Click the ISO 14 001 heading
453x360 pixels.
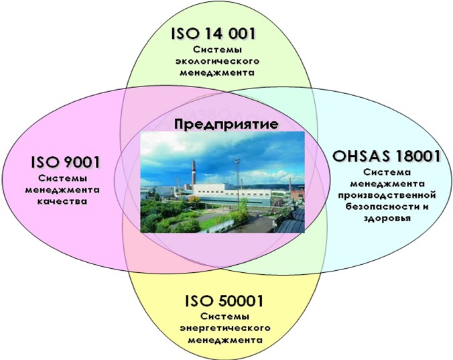(x=214, y=34)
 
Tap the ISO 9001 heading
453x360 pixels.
(x=65, y=162)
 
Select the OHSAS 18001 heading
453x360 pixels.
(x=387, y=156)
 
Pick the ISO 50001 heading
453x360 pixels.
(x=224, y=301)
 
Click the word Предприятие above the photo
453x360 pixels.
(x=226, y=124)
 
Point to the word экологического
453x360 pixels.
(x=218, y=61)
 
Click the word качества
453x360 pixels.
(x=62, y=201)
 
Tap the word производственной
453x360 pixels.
(x=387, y=195)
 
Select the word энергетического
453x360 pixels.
(x=225, y=328)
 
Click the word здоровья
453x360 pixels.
(x=387, y=218)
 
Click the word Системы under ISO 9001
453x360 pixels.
(x=63, y=178)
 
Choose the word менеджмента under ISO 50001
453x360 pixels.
(x=225, y=340)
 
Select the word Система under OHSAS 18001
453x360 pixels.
(x=387, y=172)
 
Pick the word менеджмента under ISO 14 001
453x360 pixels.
(x=217, y=72)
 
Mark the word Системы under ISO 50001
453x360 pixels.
(x=225, y=316)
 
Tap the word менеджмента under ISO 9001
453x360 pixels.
(x=62, y=190)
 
